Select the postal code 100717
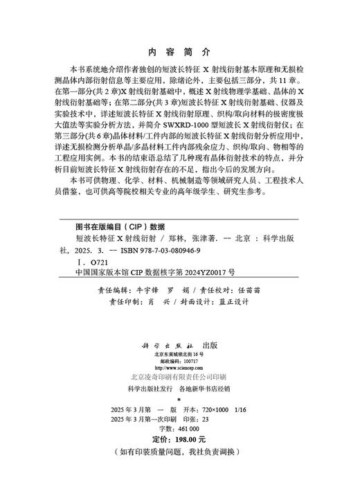(x=190, y=360)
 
